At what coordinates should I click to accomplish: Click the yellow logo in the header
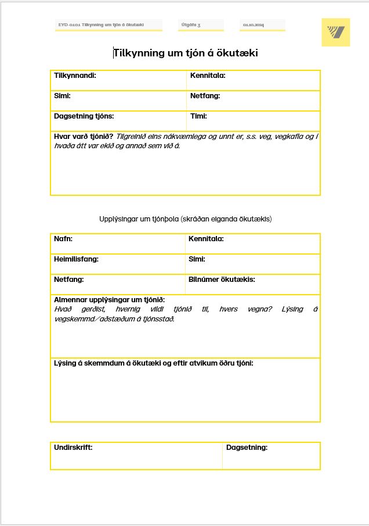click(x=336, y=32)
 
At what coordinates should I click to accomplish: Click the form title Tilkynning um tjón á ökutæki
click(x=185, y=53)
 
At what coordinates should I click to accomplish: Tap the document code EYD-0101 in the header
click(x=101, y=25)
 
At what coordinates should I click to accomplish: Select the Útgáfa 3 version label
click(x=191, y=25)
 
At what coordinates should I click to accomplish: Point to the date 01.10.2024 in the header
click(x=253, y=25)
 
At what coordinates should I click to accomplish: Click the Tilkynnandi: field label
click(x=75, y=76)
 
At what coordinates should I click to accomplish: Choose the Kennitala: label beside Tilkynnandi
click(x=208, y=76)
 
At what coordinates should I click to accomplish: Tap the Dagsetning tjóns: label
click(x=84, y=116)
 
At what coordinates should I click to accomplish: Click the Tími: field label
click(x=198, y=116)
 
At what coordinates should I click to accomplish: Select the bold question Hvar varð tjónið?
click(x=84, y=137)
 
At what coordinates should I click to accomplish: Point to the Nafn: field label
click(x=63, y=239)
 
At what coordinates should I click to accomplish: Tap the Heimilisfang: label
click(x=76, y=259)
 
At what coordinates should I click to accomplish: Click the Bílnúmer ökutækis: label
click(x=222, y=280)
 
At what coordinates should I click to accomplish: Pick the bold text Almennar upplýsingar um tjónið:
click(x=109, y=299)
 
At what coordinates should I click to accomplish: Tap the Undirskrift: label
click(x=73, y=448)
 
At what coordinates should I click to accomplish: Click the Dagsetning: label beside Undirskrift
click(x=247, y=448)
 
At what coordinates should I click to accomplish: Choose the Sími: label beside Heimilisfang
click(x=197, y=259)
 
